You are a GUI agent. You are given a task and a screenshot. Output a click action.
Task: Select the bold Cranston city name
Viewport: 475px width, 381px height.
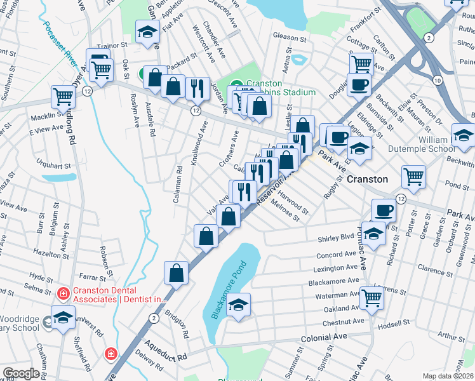coord(367,179)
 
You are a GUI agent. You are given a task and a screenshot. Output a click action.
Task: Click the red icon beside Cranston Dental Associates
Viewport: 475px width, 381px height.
coord(63,293)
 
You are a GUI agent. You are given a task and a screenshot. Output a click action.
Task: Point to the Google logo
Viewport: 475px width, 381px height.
coord(21,373)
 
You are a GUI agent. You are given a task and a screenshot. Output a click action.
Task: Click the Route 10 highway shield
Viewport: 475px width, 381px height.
coord(438,79)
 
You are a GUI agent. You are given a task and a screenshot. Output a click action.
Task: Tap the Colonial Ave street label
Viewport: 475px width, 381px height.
coord(324,338)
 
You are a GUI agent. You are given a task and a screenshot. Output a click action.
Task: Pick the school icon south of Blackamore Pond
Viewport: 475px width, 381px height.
coord(239,305)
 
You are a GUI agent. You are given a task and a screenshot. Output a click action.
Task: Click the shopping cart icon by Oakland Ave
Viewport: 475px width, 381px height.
coord(371,295)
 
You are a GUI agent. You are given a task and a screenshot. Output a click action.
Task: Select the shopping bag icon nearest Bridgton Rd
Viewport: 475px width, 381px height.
coord(177,272)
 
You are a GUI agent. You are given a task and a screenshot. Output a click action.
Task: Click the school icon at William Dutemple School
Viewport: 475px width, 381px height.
coord(464,136)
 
